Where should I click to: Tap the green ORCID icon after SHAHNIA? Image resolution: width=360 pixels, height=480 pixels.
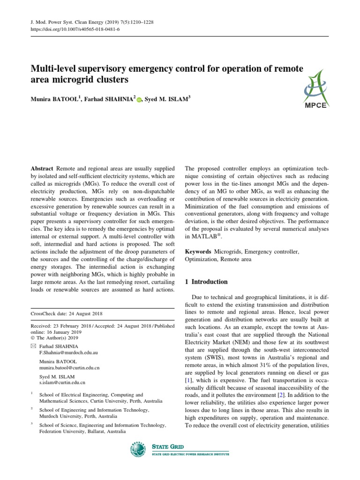pos(139,99)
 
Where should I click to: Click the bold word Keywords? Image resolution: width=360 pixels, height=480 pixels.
pos(198,252)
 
